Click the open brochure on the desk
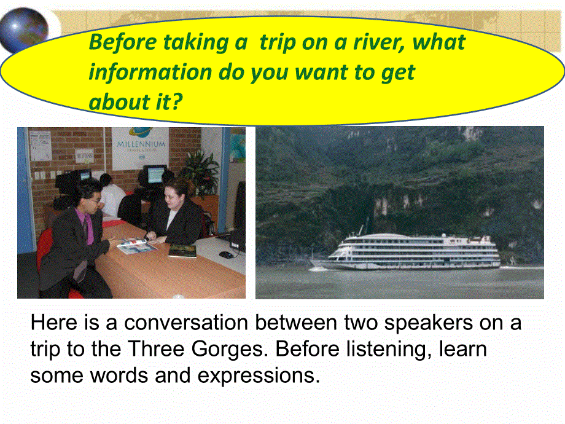click(x=136, y=246)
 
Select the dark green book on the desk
click(x=182, y=251)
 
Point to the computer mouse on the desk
click(x=226, y=254)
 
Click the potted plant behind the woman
click(x=199, y=169)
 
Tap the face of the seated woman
click(x=177, y=194)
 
